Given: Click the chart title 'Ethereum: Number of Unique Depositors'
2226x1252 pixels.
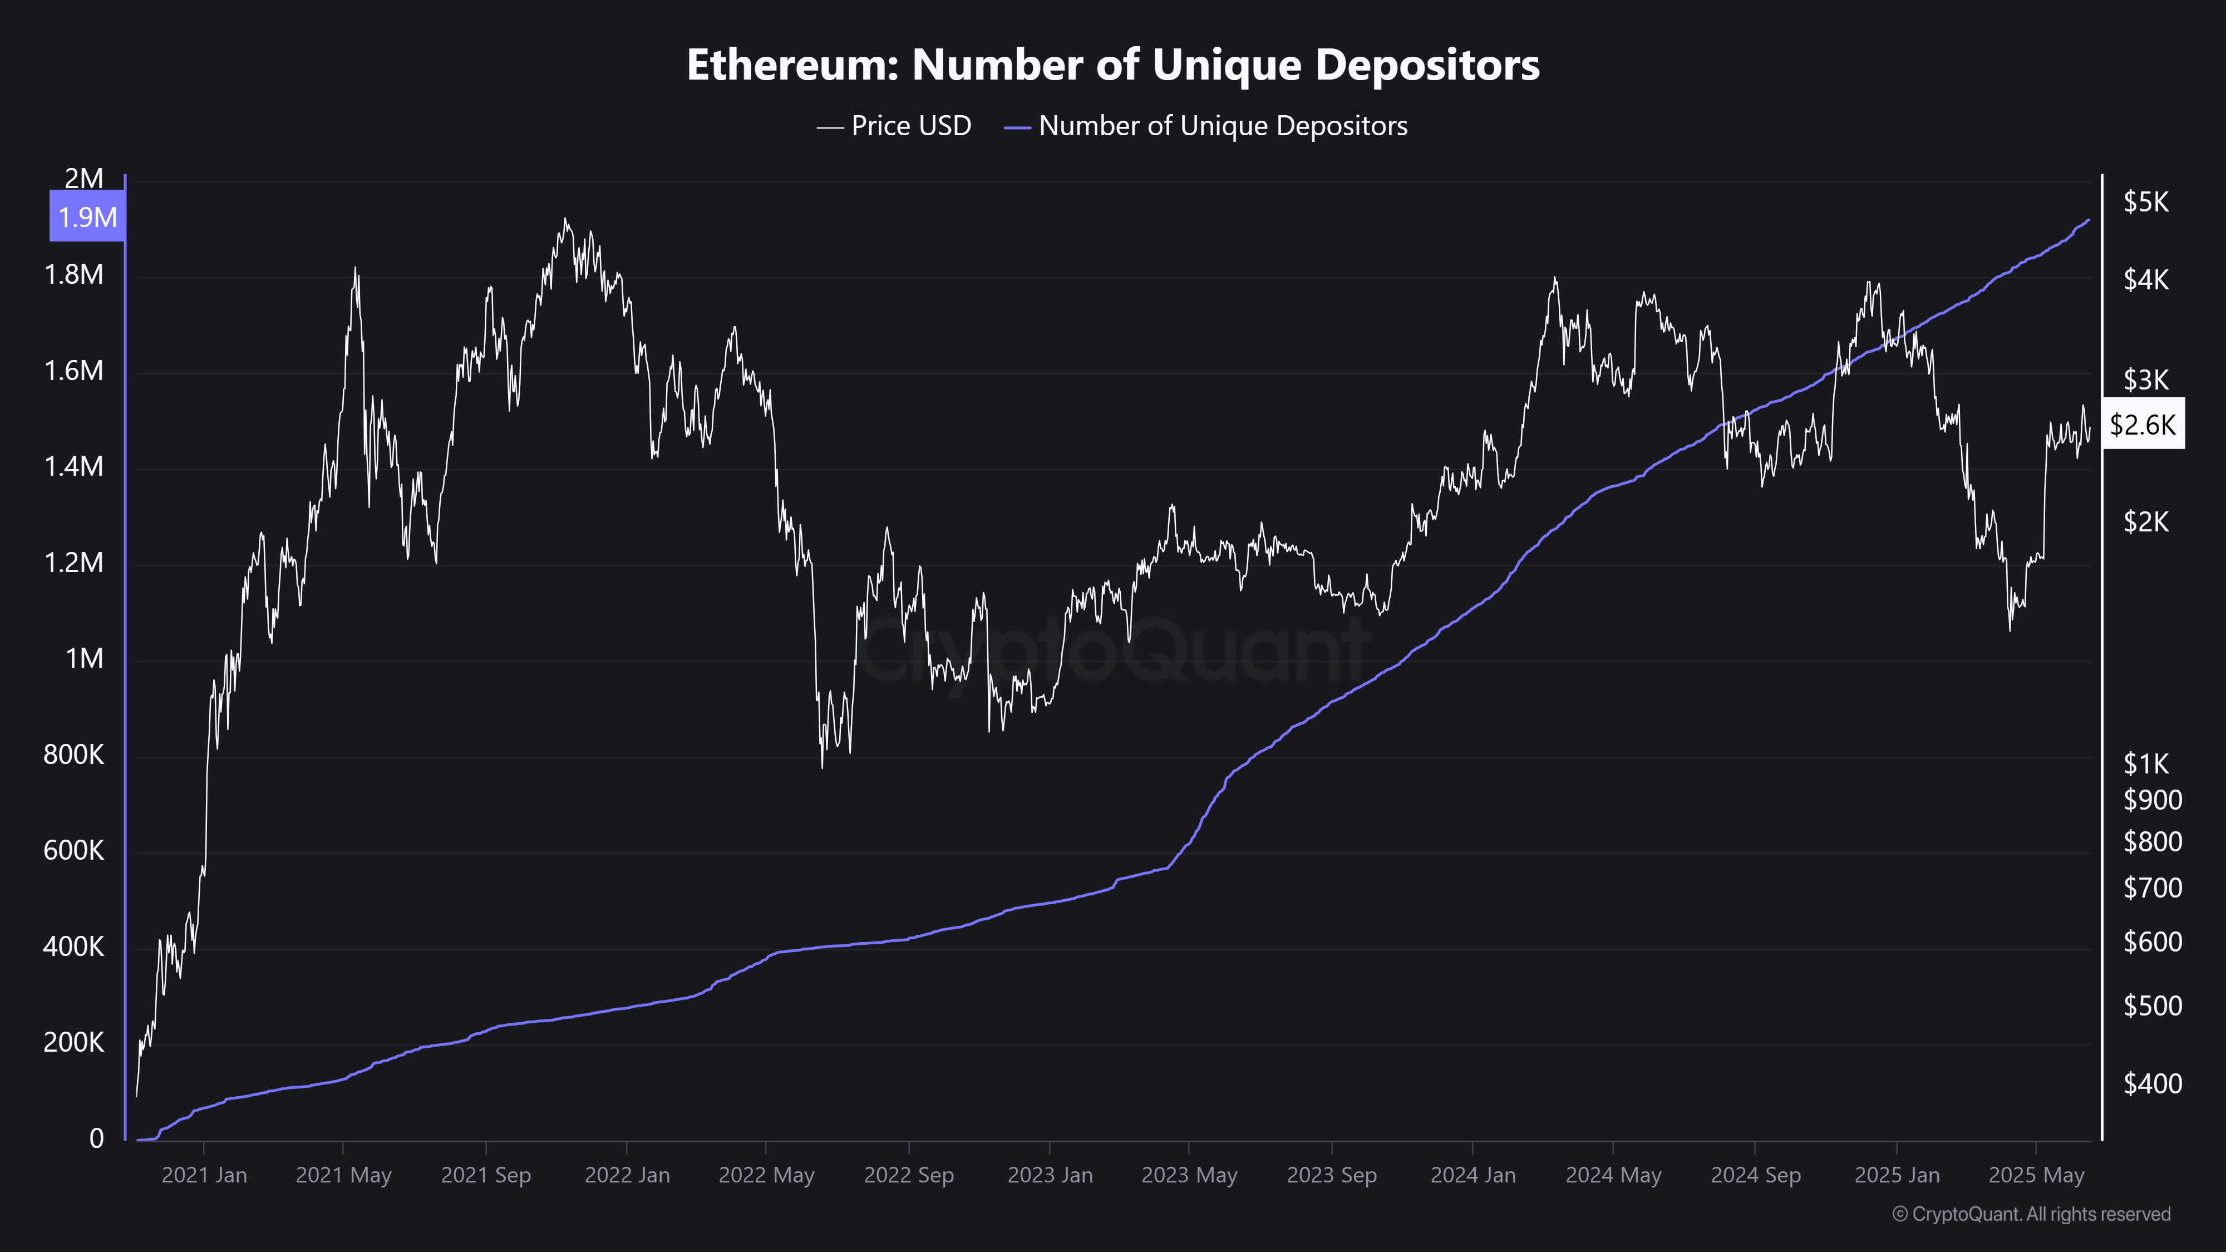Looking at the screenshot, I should [1113, 65].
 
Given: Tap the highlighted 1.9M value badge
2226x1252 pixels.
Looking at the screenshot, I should [87, 217].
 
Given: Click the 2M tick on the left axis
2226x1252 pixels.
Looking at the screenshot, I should [84, 179].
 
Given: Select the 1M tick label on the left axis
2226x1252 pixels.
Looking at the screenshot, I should [84, 659].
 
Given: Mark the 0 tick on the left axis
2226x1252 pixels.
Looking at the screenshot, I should [97, 1139].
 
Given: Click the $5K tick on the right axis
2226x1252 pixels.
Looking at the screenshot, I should [2146, 202].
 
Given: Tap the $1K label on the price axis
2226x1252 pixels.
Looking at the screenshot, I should [2146, 764].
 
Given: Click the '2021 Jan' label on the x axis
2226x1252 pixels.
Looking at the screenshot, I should [204, 1175].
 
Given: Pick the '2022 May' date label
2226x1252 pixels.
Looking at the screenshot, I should [766, 1175].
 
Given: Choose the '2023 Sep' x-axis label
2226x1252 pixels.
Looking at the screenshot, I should [1332, 1175].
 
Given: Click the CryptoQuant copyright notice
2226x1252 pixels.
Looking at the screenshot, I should [2031, 1215].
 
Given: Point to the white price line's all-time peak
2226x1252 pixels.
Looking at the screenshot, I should [565, 219].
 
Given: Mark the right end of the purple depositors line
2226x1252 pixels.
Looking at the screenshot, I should [2089, 220].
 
